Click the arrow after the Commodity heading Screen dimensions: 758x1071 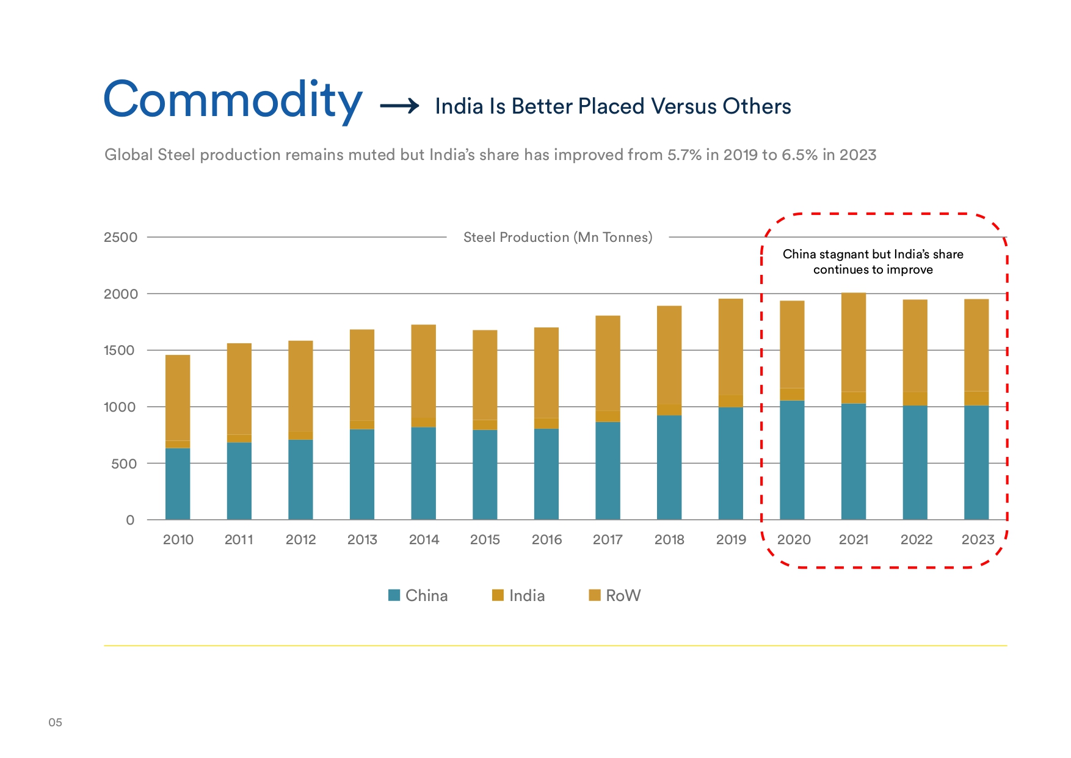coord(399,106)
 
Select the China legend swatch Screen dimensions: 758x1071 coord(394,595)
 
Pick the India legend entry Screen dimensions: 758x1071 coord(518,596)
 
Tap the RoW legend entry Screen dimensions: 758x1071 coord(615,596)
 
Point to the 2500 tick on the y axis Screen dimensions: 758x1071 coord(120,238)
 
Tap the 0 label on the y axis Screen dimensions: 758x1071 coord(130,520)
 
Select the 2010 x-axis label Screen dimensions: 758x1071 coord(178,540)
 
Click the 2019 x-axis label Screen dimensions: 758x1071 coord(731,540)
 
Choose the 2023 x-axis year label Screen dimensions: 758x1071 coord(978,540)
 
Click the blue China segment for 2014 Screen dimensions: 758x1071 coord(423,473)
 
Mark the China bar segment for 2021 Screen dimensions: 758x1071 coord(853,461)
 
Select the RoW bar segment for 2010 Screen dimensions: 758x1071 coord(178,397)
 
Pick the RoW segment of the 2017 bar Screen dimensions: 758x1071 coord(608,363)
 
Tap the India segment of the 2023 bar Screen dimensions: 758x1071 coord(976,398)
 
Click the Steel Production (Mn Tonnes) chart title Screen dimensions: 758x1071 coord(557,238)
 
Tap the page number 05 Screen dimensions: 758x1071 coord(55,723)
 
